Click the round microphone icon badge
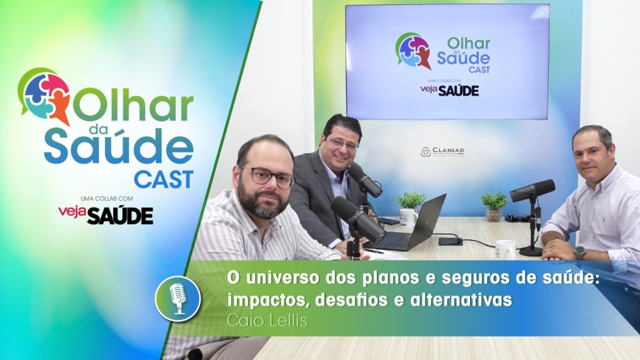177,298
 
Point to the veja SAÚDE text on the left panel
105,214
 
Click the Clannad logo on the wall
442,152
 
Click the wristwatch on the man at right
579,252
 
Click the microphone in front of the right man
532,191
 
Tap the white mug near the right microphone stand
505,249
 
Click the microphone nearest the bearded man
357,219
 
